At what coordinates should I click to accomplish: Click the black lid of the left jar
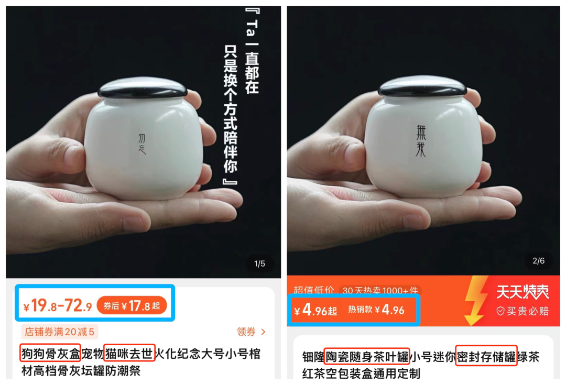pyautogui.click(x=143, y=87)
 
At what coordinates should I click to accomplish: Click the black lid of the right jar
pyautogui.click(x=422, y=85)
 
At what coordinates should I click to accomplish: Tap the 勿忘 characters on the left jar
pyautogui.click(x=142, y=144)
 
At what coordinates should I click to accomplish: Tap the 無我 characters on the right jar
pyautogui.click(x=421, y=141)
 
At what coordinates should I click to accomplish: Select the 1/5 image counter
pyautogui.click(x=259, y=264)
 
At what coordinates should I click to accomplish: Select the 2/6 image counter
pyautogui.click(x=538, y=261)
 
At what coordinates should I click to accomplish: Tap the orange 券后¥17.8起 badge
pyautogui.click(x=132, y=305)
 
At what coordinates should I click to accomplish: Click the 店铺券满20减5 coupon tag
pyautogui.click(x=60, y=332)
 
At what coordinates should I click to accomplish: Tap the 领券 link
pyautogui.click(x=251, y=332)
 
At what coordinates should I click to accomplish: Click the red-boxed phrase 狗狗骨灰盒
pyautogui.click(x=50, y=353)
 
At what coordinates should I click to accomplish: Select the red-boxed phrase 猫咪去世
pyautogui.click(x=129, y=353)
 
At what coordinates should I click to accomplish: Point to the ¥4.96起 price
pyautogui.click(x=315, y=310)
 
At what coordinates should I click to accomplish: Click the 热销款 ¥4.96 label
pyautogui.click(x=376, y=310)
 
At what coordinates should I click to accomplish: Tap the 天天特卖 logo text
pyautogui.click(x=523, y=292)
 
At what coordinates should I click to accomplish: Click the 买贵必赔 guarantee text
pyautogui.click(x=523, y=311)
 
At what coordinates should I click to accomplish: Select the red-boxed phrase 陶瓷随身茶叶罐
pyautogui.click(x=367, y=357)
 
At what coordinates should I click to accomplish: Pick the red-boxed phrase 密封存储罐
pyautogui.click(x=486, y=356)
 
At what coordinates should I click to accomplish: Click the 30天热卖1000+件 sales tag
pyautogui.click(x=380, y=290)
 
